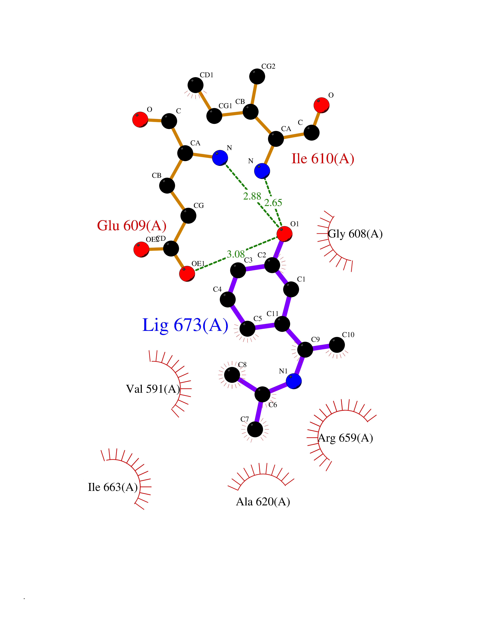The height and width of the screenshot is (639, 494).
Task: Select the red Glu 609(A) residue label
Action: coord(132,226)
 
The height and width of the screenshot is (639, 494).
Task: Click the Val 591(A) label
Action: coord(153,389)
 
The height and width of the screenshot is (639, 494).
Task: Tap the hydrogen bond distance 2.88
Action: coord(252,196)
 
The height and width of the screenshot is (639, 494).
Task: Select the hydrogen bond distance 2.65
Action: coord(273,203)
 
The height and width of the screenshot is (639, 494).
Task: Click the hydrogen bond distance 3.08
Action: coord(236,254)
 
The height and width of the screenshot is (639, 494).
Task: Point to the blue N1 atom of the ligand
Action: coord(293,381)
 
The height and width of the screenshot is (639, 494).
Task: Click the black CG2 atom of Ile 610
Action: coord(257,76)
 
